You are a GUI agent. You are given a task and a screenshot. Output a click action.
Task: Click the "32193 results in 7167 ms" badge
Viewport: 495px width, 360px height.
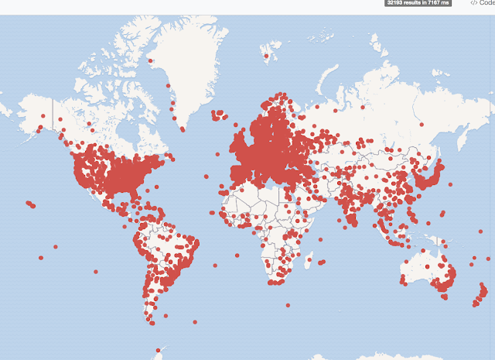[418, 3]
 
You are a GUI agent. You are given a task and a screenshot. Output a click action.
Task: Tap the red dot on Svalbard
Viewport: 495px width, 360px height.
[266, 55]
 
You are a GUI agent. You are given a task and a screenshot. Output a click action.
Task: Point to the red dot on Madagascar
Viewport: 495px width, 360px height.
[308, 264]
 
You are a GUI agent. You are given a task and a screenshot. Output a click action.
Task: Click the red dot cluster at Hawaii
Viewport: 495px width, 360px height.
[30, 204]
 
